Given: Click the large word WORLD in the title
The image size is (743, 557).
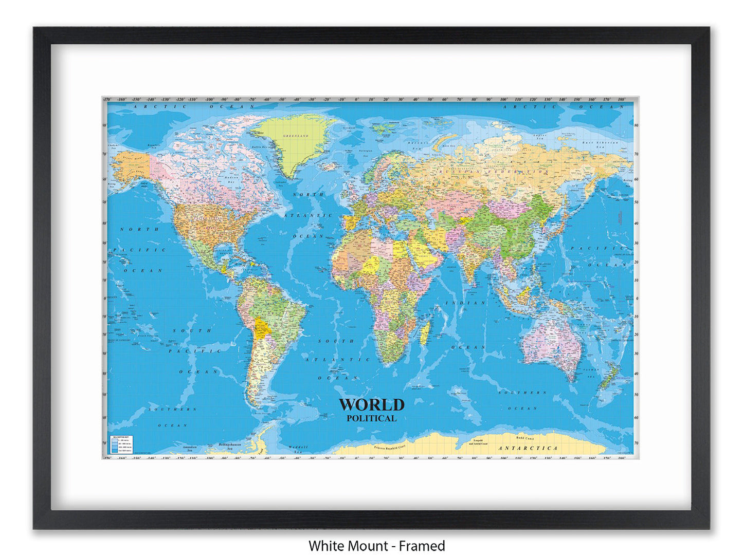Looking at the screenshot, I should [x=371, y=404].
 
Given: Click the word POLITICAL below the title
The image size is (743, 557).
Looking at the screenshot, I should [x=371, y=418].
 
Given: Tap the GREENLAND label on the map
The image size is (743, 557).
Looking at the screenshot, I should [x=296, y=136].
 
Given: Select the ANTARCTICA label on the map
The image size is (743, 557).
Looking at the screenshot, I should [x=528, y=448].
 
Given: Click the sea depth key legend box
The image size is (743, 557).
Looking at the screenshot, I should [x=121, y=443].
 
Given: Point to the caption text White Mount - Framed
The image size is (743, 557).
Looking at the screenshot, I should [x=376, y=545].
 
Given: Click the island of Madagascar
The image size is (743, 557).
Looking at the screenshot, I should [x=425, y=333].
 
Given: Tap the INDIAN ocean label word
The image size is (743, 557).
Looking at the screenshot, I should [x=465, y=303].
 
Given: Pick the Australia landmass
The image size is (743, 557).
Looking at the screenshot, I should [x=550, y=342].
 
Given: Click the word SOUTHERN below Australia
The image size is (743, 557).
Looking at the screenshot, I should [x=522, y=392].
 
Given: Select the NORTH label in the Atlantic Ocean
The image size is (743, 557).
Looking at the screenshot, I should [x=309, y=195].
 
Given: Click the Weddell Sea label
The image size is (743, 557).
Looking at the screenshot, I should [x=298, y=448].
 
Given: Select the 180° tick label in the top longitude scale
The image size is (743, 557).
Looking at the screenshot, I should [x=621, y=99].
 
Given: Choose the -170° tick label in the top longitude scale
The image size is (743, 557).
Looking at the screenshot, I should [x=107, y=99].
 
